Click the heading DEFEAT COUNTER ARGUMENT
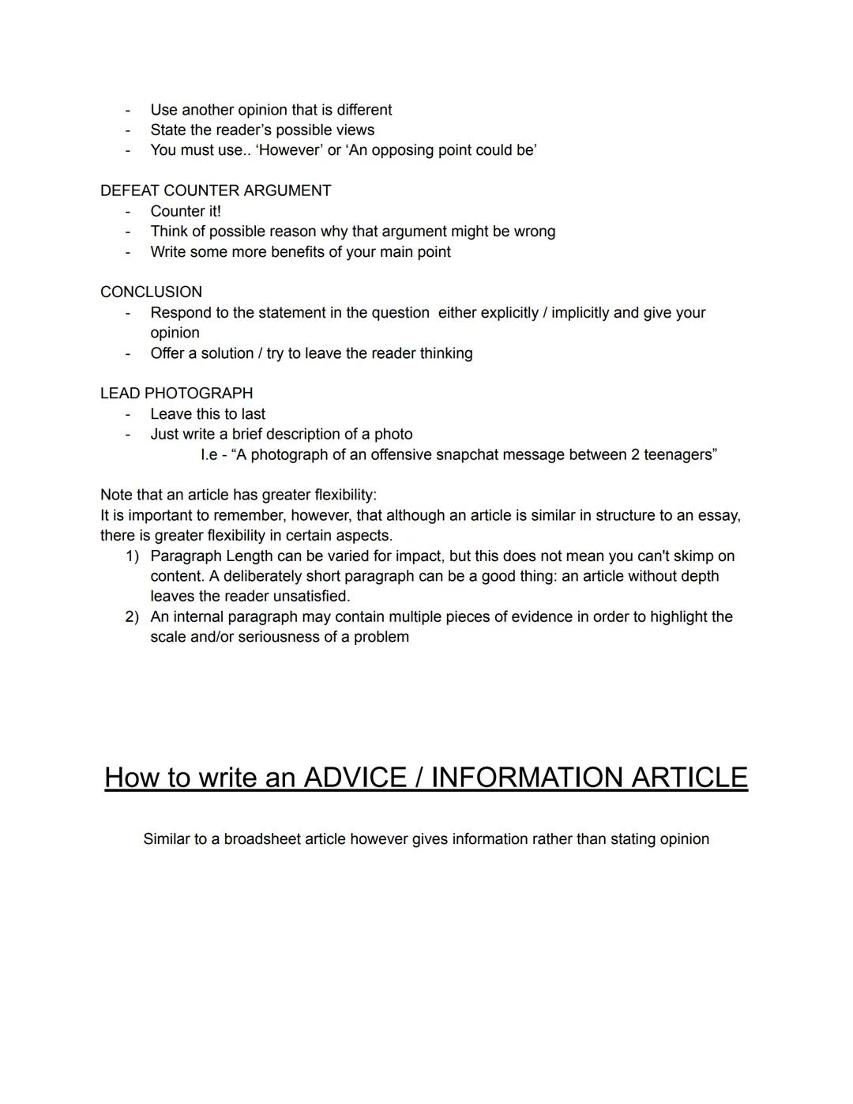216,190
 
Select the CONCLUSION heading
151,292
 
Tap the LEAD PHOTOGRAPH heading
176,393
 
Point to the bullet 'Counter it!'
186,211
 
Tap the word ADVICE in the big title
353,777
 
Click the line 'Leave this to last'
208,413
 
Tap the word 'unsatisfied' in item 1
310,596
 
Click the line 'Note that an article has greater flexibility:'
239,495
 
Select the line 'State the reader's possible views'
262,130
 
